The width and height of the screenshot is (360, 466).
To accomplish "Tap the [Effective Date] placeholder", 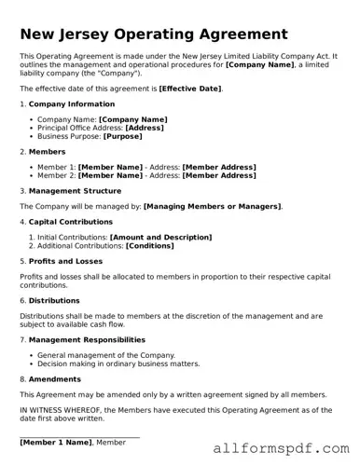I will pyautogui.click(x=190, y=89).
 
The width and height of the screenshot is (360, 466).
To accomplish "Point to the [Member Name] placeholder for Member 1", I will pyautogui.click(x=110, y=167).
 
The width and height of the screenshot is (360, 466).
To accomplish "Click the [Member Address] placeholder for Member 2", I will pyautogui.click(x=218, y=175).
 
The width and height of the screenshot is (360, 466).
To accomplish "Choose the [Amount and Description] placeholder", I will pyautogui.click(x=160, y=238).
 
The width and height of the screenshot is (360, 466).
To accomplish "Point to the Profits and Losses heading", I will pyautogui.click(x=66, y=262).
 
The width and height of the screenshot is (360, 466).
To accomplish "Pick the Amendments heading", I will pyautogui.click(x=55, y=379).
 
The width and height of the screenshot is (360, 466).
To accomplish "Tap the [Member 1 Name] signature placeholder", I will pyautogui.click(x=56, y=442).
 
